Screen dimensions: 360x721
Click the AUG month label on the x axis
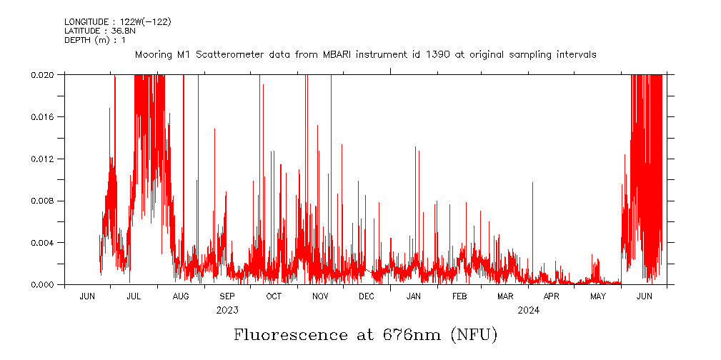pos(181,296)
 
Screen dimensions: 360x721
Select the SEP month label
pos(227,296)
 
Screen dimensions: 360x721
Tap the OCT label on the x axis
pos(274,296)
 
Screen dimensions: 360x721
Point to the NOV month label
pos(320,296)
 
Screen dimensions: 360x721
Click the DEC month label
pos(367,296)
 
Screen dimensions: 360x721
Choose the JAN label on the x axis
pos(414,296)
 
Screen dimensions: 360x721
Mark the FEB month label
pos(459,296)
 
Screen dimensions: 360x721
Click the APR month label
pos(552,296)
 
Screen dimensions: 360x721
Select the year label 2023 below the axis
pos(227,310)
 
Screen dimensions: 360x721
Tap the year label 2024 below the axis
pos(529,310)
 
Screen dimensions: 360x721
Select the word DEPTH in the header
pos(77,39)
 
